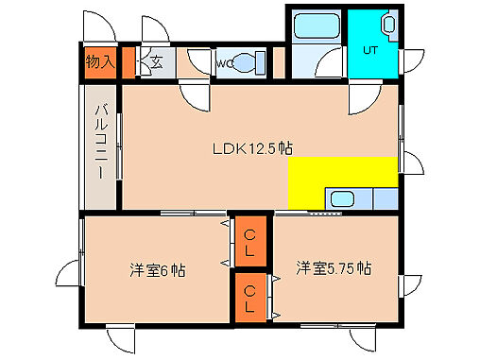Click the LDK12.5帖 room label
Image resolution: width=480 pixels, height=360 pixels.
pos(250,148)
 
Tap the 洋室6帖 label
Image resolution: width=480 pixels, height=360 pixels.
pos(158,269)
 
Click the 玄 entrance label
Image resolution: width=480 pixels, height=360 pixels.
pos(156,63)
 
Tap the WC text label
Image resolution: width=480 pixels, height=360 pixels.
pos(225,64)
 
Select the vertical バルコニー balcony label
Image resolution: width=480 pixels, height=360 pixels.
pos(99,147)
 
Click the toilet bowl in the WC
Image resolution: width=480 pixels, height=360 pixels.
pos(248,63)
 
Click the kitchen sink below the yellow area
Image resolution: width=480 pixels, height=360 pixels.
pos(340,200)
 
